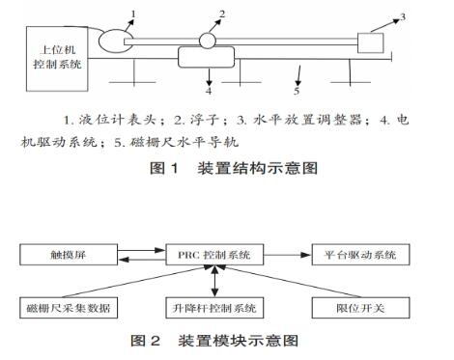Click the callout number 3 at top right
416,17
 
